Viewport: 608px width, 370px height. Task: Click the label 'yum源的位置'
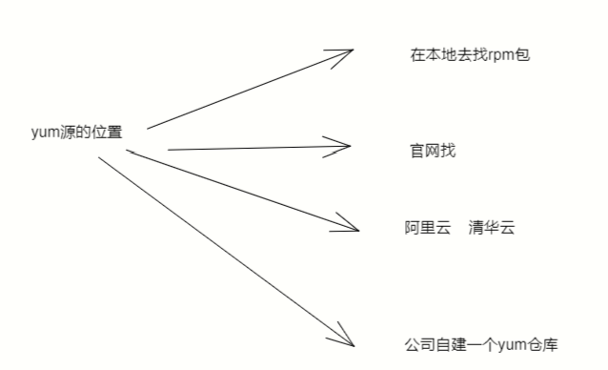point(76,133)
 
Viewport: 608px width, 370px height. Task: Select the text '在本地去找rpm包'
point(468,54)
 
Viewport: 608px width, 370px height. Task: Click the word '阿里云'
point(426,228)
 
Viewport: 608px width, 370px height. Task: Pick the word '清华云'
point(492,228)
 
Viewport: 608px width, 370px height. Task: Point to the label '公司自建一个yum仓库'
point(481,343)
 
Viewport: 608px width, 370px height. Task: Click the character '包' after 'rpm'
point(520,54)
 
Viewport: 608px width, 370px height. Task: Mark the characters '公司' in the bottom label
point(418,343)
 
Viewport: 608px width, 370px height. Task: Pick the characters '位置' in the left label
point(107,133)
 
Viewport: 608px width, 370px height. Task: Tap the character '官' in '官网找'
point(415,150)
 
